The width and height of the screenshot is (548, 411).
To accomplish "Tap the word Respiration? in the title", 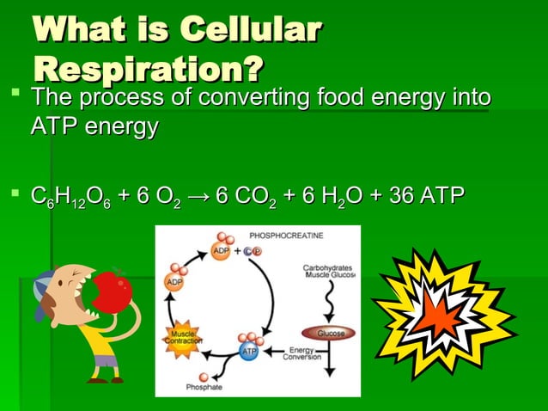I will tap(148, 68).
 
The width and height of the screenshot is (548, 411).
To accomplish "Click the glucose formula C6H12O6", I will tap(68, 199).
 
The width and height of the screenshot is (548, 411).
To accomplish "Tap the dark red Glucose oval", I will tap(331, 332).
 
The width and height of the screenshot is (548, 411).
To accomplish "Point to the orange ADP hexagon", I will tap(174, 282).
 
